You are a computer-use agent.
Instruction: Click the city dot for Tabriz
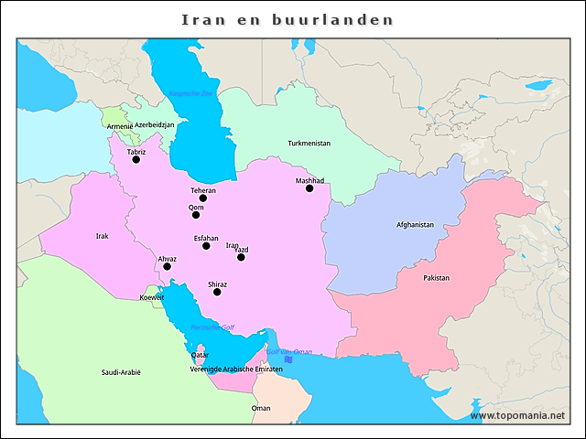click(x=136, y=159)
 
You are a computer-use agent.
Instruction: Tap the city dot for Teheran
click(x=203, y=198)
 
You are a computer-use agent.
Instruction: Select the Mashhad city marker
click(x=309, y=188)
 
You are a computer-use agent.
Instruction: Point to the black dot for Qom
click(x=195, y=215)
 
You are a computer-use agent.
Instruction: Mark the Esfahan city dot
click(x=206, y=245)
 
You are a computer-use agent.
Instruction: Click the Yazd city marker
click(x=241, y=257)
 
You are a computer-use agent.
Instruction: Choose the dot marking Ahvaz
click(x=167, y=266)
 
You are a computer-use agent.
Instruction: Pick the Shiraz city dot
click(x=217, y=292)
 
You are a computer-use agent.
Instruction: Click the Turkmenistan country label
click(x=309, y=144)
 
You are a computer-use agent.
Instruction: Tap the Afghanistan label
click(x=415, y=224)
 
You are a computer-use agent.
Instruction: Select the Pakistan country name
click(x=436, y=277)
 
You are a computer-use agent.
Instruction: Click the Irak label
click(x=102, y=236)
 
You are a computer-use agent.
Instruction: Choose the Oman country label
click(x=261, y=408)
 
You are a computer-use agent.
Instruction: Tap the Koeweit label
click(x=152, y=297)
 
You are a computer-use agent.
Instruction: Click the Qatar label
click(x=200, y=355)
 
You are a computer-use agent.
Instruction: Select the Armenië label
click(x=119, y=125)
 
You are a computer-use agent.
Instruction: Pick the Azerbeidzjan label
click(x=154, y=124)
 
